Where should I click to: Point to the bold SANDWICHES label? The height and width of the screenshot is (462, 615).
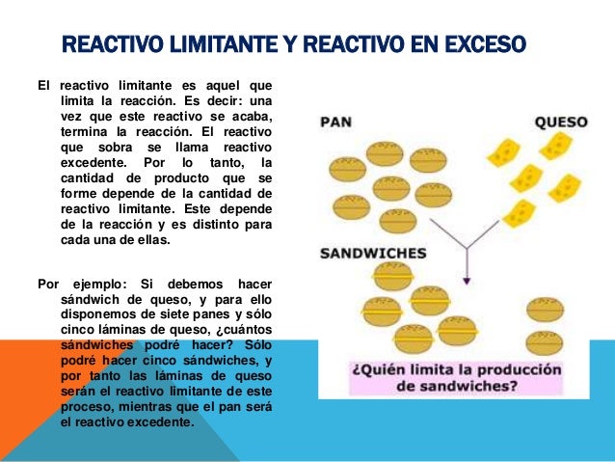(x=372, y=256)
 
